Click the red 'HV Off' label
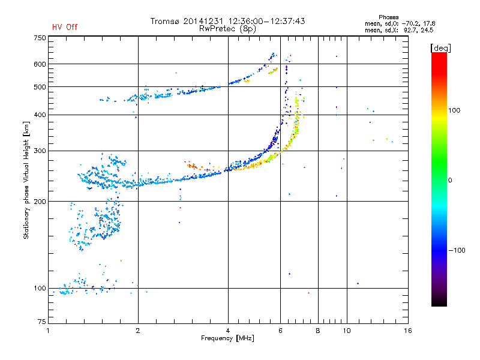65,27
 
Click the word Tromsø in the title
165,21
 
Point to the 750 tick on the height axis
39,37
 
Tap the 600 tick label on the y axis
39,64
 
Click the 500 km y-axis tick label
39,87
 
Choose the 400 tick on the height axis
39,115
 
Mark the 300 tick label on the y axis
39,151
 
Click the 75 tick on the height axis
41,323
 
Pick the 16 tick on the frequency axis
407,331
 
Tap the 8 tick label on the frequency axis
318,331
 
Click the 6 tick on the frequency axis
281,331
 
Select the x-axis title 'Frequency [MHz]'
227,338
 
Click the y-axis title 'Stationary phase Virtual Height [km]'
26,180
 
